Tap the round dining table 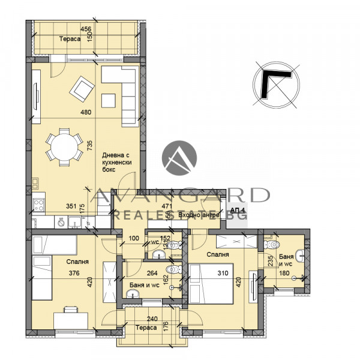pos(64,146)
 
